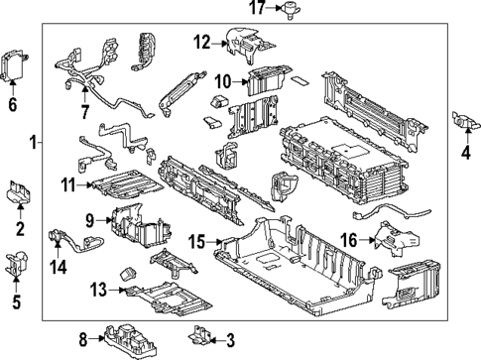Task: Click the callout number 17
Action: click(x=258, y=8)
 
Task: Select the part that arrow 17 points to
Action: click(x=291, y=10)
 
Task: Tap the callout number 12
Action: click(x=202, y=43)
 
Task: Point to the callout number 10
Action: click(x=223, y=81)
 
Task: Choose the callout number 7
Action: click(x=85, y=112)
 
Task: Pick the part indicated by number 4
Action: click(x=466, y=121)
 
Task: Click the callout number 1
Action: click(x=33, y=143)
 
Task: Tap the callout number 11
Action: click(x=68, y=184)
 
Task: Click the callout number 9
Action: click(x=90, y=220)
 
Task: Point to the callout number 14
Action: click(x=59, y=267)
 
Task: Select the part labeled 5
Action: click(x=17, y=265)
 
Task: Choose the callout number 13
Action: click(x=99, y=290)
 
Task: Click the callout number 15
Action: click(x=197, y=242)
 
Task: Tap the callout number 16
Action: click(x=349, y=240)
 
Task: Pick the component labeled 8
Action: click(x=130, y=340)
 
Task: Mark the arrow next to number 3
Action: click(x=216, y=340)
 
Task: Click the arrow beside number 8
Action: click(x=97, y=338)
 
